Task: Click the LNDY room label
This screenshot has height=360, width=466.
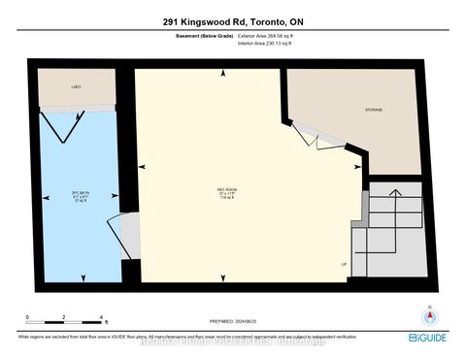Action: [76, 87]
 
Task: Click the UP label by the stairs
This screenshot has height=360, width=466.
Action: [344, 263]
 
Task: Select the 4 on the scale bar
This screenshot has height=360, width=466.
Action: [101, 317]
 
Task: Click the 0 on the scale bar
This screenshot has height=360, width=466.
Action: [29, 317]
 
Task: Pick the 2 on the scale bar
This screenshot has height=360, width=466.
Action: [64, 317]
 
